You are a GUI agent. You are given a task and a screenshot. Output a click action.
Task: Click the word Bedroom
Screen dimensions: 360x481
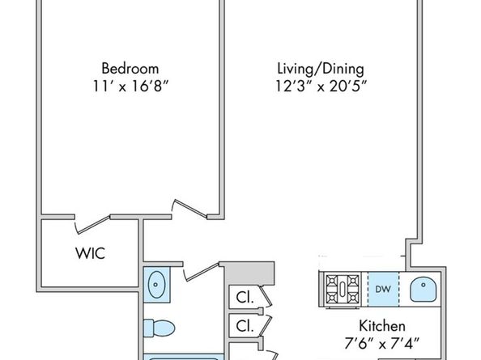pos(130,68)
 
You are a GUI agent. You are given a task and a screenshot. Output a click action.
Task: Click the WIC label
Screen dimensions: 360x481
pos(89,252)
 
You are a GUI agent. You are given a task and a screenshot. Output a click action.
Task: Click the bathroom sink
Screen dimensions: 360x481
pos(157,284)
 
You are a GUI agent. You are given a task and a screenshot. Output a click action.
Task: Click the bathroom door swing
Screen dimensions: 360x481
pos(199,271)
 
